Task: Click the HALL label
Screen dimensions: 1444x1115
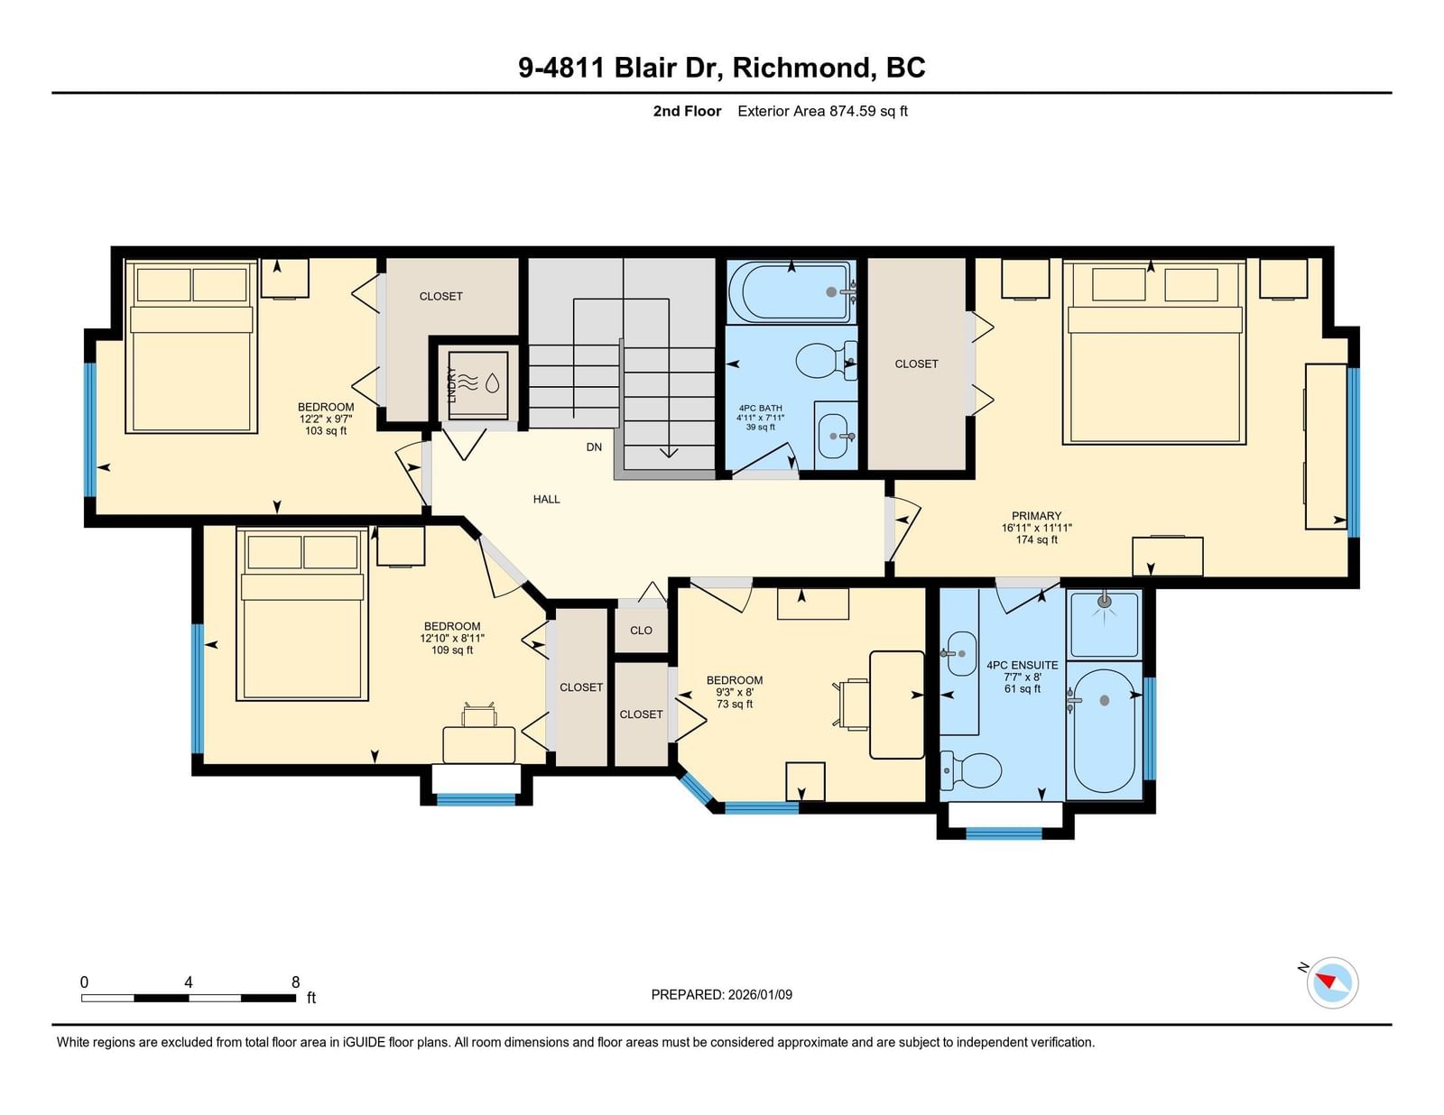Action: coord(546,500)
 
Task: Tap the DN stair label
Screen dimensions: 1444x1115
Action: coord(594,447)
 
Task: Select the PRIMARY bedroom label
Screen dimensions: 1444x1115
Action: coord(1036,516)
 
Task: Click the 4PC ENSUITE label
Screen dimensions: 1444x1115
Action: coord(1022,665)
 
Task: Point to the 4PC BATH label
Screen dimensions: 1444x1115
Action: coord(760,409)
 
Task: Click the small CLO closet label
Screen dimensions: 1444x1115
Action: coord(641,631)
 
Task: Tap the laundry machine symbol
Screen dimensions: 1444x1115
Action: coord(477,386)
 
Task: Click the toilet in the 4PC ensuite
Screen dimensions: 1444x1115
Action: coord(970,771)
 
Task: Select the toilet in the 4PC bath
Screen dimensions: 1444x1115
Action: coord(825,361)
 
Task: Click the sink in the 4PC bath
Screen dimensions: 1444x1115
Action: coord(834,437)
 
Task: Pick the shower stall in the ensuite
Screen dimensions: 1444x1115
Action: coord(1104,624)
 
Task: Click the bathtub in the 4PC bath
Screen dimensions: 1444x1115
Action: coord(791,292)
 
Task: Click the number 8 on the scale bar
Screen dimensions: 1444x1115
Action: coord(296,982)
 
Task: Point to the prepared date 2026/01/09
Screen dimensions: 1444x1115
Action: coord(760,995)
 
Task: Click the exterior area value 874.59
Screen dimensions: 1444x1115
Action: coord(853,112)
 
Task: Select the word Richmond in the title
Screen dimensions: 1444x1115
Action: coord(801,69)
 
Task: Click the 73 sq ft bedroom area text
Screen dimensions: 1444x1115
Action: coord(735,704)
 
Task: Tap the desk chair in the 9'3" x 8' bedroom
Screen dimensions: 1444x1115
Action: coord(850,705)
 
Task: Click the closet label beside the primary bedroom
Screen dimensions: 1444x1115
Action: coord(916,364)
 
